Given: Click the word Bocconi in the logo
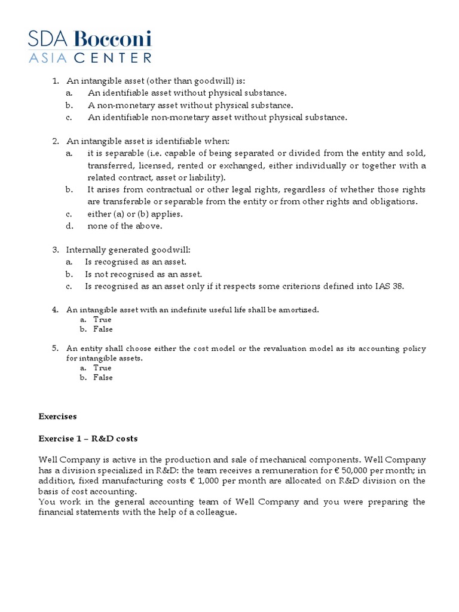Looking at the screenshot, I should pyautogui.click(x=113, y=39).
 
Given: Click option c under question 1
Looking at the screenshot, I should pyautogui.click(x=217, y=117).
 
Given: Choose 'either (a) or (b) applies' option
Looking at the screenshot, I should pyautogui.click(x=135, y=214).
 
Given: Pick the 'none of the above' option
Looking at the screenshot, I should pyautogui.click(x=125, y=226).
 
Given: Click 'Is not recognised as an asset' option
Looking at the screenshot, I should pyautogui.click(x=143, y=274).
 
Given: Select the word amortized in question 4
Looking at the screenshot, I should pyautogui.click(x=299, y=310).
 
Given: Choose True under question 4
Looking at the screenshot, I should pyautogui.click(x=102, y=320).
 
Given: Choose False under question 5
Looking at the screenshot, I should pyautogui.click(x=103, y=378).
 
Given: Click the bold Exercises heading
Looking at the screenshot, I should pyautogui.click(x=58, y=416).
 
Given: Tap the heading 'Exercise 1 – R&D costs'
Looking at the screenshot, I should pyautogui.click(x=88, y=439).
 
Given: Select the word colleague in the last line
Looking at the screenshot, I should pyautogui.click(x=216, y=513).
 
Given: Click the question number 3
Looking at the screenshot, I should pyautogui.click(x=55, y=250).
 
